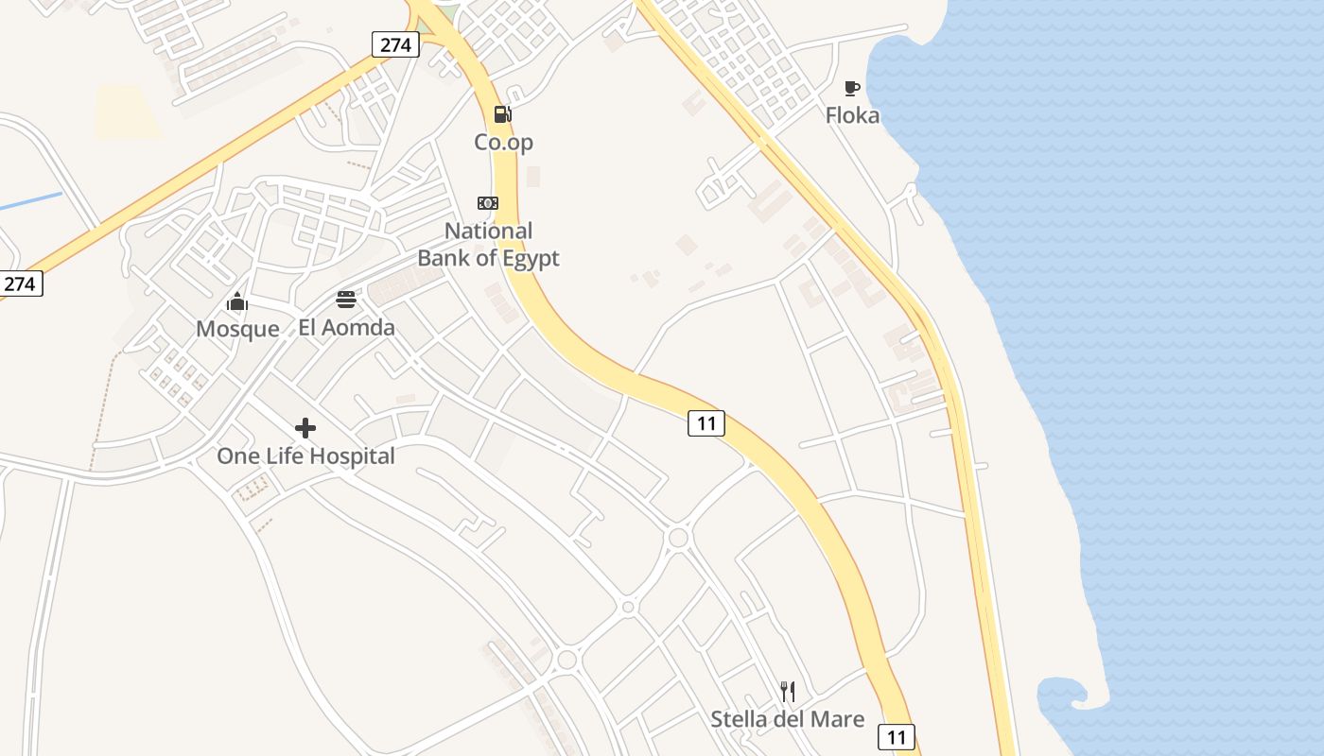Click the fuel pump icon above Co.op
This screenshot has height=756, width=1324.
point(502,114)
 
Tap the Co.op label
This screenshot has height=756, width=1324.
point(504,143)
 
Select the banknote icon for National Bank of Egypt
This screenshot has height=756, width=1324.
point(488,203)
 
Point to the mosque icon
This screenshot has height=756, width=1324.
point(237,301)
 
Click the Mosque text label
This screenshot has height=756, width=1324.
point(237,329)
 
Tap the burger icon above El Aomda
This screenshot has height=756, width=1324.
point(346,301)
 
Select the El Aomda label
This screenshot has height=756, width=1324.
point(346,328)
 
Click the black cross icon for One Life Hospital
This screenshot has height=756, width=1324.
point(305,428)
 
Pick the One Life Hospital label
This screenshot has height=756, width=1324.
point(305,456)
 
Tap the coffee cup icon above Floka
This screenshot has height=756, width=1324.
point(852,88)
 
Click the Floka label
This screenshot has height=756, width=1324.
point(852,116)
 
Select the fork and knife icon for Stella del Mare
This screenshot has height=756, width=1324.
point(787,692)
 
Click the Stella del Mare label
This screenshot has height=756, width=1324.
point(787,720)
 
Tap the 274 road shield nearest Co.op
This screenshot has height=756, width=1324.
point(395,44)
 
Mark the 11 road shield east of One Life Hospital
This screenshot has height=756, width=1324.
point(706,423)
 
